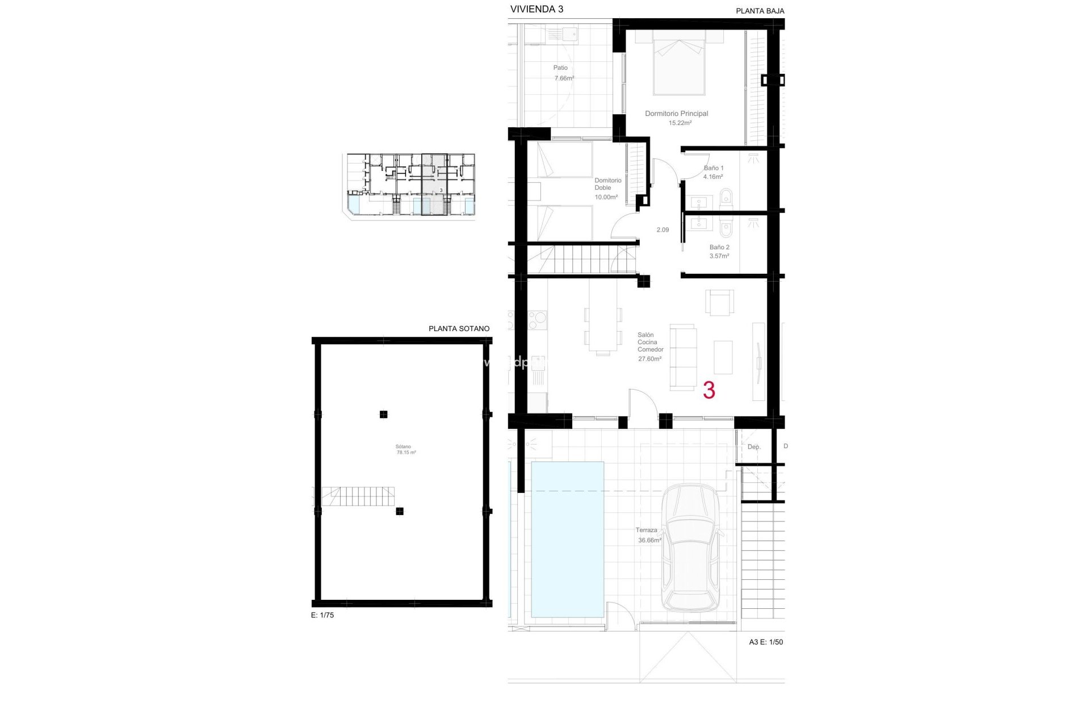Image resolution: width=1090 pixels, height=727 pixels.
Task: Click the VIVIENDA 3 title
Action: [x=536, y=9]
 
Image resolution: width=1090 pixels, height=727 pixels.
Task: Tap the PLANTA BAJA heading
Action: [x=760, y=11]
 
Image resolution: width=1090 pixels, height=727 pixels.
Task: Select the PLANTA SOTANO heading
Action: [x=459, y=328]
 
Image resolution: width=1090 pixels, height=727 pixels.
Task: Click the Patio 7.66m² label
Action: [x=563, y=73]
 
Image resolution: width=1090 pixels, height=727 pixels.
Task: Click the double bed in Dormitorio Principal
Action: [x=679, y=62]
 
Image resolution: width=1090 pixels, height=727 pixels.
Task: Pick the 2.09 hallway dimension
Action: [x=663, y=230]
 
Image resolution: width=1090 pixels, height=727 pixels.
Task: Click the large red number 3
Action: [x=708, y=390]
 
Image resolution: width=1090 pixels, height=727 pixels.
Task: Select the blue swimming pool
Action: [x=567, y=539]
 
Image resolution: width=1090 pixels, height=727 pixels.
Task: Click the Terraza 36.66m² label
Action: [x=647, y=535]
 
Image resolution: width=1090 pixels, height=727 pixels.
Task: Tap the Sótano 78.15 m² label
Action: [x=405, y=449]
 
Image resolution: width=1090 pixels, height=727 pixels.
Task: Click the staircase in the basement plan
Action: [x=358, y=497]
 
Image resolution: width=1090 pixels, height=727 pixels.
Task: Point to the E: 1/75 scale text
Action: [x=322, y=615]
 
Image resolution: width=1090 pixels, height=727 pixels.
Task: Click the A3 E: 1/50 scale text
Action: [x=766, y=642]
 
